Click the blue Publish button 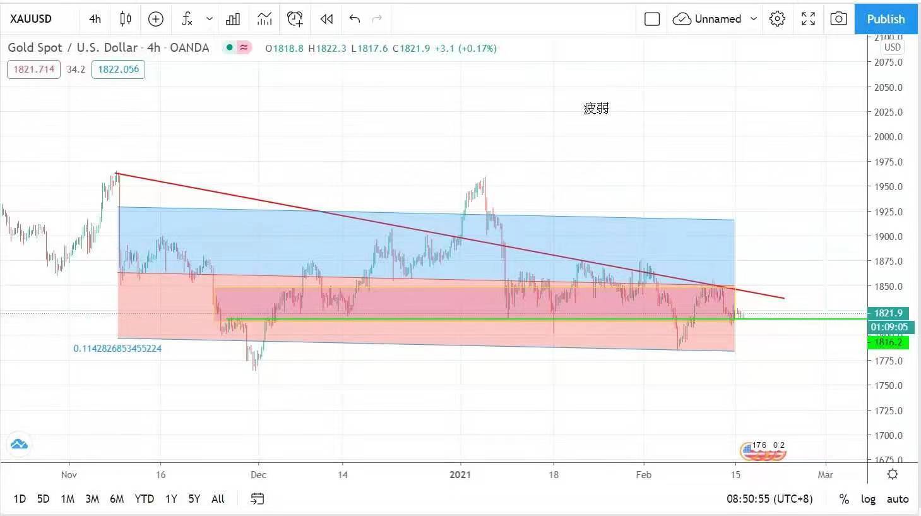point(885,19)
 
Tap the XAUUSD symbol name point(31,19)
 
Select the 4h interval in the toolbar point(95,19)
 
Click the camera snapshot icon point(838,19)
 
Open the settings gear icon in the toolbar point(777,19)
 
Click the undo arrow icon point(355,19)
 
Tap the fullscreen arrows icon point(808,19)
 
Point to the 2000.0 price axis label point(888,136)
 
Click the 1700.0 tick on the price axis point(888,435)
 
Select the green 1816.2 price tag point(888,342)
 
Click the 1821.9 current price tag point(888,313)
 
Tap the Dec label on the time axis point(258,474)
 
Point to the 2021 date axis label point(460,474)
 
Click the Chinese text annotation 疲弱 point(596,109)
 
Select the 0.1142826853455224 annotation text point(117,349)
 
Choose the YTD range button point(144,499)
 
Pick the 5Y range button point(194,499)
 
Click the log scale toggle point(868,499)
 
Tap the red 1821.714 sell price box point(34,69)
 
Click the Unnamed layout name point(718,19)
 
